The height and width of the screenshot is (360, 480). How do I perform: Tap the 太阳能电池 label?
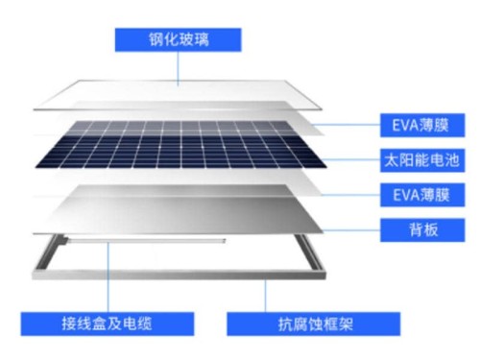point(412,159)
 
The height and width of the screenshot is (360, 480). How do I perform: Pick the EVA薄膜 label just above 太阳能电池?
point(412,125)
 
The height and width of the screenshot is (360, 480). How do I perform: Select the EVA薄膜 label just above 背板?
point(412,195)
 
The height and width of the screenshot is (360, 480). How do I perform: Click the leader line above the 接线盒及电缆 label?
point(108,278)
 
